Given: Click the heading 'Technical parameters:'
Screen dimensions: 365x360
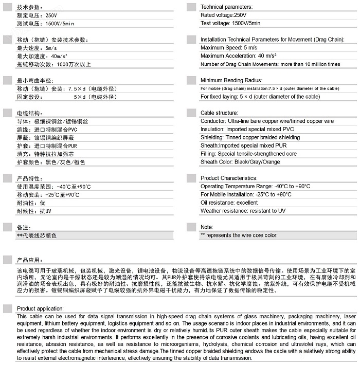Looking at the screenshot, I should coord(226,7).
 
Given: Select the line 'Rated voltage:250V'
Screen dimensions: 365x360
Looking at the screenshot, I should coord(224,15).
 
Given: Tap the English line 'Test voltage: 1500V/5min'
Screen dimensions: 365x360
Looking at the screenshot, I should coord(230,24).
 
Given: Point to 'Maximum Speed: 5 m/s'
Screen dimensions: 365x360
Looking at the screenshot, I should coord(229,48).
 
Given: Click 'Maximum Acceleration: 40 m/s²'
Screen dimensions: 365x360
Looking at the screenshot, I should coord(238,56).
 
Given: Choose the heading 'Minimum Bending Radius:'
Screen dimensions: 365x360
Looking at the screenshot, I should coord(231,81).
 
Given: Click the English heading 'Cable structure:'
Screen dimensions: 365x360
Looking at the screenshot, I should coord(219,113).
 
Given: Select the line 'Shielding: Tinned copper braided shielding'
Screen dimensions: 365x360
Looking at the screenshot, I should coord(250,138).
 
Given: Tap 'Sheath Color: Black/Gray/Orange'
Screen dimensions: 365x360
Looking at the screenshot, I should coord(240,162).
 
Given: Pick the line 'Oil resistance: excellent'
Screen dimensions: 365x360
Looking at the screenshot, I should coord(229,203).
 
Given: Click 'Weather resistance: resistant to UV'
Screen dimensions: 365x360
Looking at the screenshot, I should coord(243,211).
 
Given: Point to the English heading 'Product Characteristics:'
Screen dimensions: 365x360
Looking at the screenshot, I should coord(228,178).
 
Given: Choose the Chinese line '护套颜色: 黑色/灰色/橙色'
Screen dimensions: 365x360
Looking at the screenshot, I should coord(50,162).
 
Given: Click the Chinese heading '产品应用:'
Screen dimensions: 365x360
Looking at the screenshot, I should coord(29,260).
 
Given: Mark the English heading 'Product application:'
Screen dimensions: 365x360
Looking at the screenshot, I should coord(40,308).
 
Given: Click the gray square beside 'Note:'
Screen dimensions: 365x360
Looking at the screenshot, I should coord(191,227).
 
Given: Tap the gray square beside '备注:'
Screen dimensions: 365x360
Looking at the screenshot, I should coord(8,227).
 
